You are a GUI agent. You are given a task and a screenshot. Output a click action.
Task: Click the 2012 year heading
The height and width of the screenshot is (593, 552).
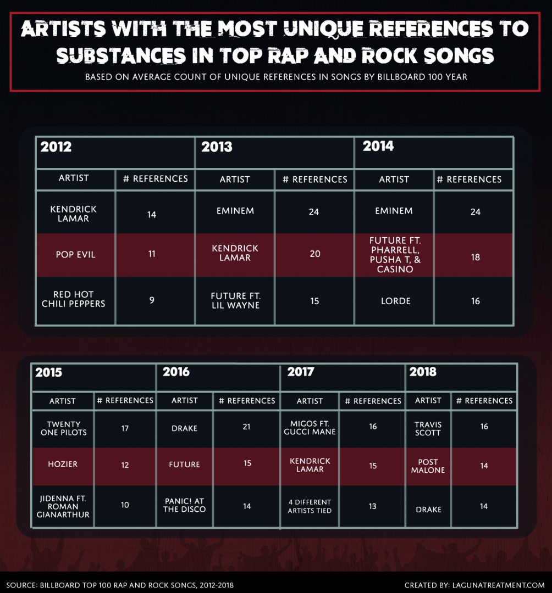56,147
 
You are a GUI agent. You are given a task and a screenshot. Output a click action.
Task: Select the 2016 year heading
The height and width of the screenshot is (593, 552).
176,372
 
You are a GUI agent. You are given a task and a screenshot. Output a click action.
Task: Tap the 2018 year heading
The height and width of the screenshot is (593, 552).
423,372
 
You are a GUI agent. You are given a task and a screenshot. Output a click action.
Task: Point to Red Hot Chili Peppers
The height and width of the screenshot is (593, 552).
73,300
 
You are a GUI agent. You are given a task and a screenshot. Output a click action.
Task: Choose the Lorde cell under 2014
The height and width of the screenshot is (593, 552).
394,301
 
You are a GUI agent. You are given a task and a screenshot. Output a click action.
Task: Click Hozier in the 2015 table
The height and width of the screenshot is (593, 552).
63,464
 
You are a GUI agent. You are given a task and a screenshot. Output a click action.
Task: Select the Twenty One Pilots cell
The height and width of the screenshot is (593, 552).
63,428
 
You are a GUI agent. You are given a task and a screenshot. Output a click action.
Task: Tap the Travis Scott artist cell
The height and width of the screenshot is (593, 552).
428,428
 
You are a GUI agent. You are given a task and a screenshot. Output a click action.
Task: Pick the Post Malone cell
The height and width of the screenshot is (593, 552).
428,466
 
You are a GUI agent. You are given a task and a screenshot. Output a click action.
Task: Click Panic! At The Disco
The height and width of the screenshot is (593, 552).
185,505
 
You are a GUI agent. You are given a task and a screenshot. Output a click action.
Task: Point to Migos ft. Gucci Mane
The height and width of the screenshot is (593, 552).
310,428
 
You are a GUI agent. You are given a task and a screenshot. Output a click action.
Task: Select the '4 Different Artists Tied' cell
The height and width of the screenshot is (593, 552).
310,506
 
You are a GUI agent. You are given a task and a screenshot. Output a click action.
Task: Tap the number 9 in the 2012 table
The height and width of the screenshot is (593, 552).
152,300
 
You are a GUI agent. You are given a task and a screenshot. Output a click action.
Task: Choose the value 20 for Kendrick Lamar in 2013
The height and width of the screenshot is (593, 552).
314,254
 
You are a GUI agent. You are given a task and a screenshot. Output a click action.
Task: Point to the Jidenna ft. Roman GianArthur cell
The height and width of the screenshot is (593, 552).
63,506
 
